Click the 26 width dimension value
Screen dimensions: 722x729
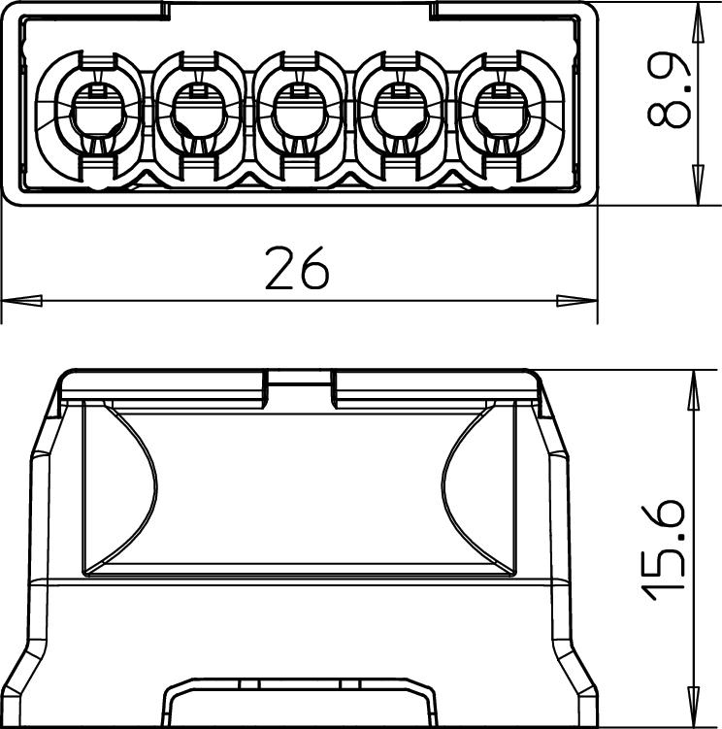coord(297,268)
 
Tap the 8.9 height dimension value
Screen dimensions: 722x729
coord(669,89)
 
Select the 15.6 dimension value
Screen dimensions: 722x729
coord(663,550)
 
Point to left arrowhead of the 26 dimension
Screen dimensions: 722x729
coord(22,301)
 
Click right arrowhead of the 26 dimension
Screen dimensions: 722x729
coord(577,301)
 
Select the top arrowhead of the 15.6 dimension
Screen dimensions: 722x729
coord(694,390)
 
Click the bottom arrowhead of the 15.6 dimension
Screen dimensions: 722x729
coord(694,707)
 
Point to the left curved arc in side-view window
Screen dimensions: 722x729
coord(130,488)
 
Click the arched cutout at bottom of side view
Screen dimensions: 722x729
coord(300,703)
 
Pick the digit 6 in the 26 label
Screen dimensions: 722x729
coord(314,268)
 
